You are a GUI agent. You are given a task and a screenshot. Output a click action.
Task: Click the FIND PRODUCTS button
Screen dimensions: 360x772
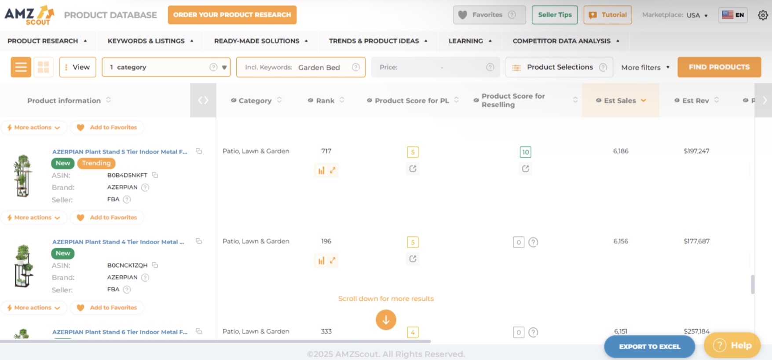click(x=719, y=67)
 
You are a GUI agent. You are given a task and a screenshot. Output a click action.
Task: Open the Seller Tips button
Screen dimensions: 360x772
click(x=555, y=15)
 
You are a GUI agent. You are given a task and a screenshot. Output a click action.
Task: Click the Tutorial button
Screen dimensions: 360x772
click(x=607, y=15)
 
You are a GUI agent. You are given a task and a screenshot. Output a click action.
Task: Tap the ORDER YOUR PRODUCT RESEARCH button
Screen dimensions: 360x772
click(x=232, y=15)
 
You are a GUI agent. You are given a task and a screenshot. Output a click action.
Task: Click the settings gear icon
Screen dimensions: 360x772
click(x=763, y=15)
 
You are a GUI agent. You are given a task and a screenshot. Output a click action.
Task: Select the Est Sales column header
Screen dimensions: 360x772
click(x=620, y=100)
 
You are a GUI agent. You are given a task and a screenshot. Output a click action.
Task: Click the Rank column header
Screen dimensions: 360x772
click(x=325, y=100)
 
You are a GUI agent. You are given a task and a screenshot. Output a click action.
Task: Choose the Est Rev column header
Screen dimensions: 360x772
click(x=695, y=100)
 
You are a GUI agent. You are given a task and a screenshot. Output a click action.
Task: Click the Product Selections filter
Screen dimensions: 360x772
click(x=559, y=67)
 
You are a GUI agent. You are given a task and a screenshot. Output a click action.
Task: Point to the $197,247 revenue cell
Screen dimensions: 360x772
click(x=696, y=151)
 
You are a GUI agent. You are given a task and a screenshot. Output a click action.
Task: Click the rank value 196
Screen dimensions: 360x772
click(x=326, y=241)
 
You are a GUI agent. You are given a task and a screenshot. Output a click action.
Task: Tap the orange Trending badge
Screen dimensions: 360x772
click(x=96, y=163)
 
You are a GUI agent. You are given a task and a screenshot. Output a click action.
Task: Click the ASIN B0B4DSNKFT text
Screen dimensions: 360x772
click(x=127, y=175)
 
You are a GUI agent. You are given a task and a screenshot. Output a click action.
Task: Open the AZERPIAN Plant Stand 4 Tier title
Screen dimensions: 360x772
click(x=118, y=242)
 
